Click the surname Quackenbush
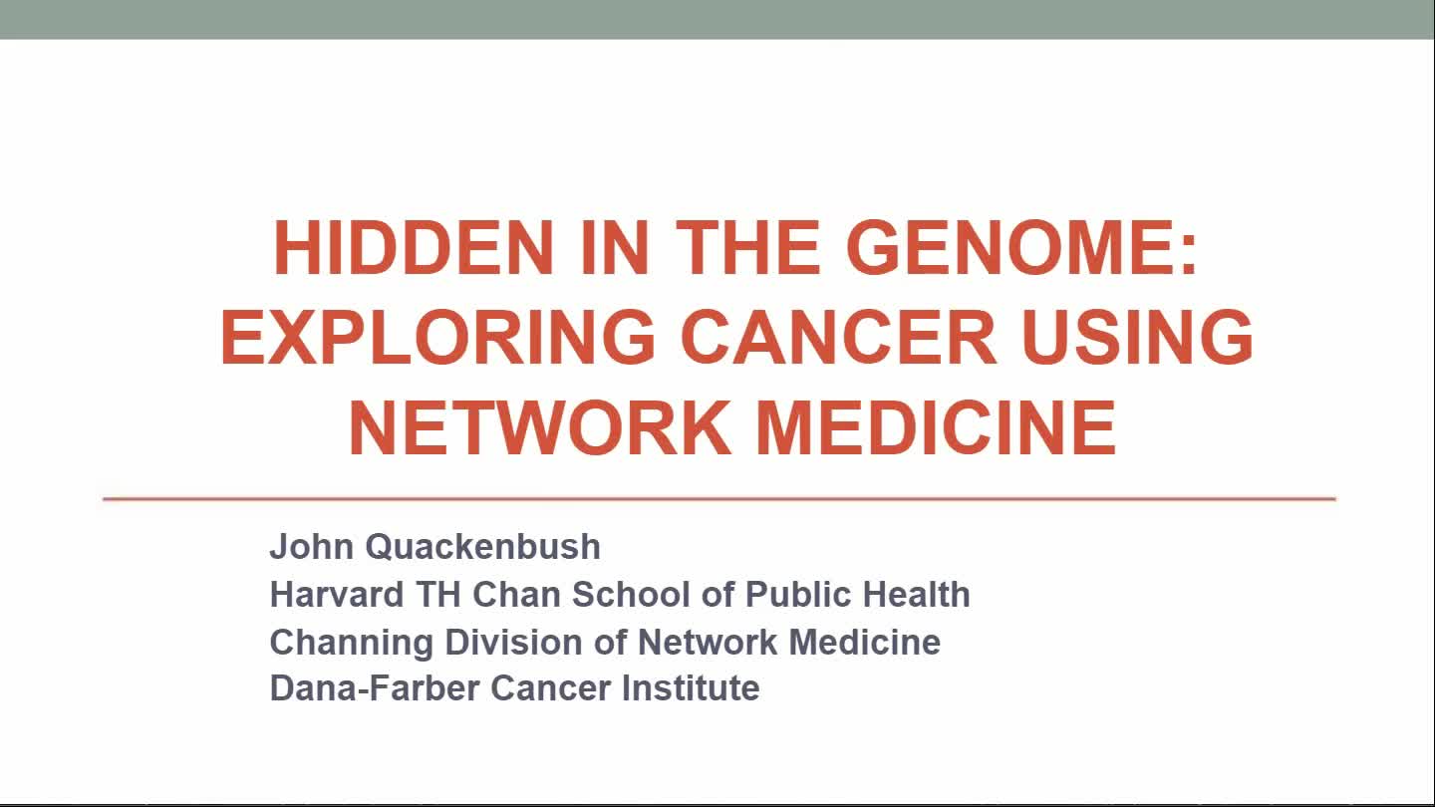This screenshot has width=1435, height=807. (483, 547)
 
